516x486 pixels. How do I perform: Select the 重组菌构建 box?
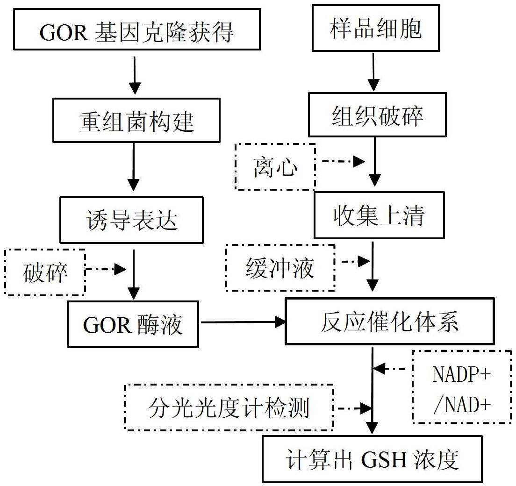(x=136, y=120)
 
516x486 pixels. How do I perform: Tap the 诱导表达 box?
(x=131, y=220)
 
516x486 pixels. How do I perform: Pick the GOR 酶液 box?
(x=133, y=324)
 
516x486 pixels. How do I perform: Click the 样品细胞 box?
(x=375, y=28)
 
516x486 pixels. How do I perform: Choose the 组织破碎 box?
(x=377, y=114)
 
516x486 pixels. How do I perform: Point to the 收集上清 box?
(x=379, y=215)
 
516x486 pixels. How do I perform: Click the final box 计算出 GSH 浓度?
(x=372, y=459)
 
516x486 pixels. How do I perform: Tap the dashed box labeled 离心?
(x=275, y=166)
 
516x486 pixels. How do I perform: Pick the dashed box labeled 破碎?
(x=45, y=272)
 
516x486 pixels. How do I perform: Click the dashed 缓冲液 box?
(x=280, y=268)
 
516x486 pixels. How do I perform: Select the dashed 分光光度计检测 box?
(x=229, y=407)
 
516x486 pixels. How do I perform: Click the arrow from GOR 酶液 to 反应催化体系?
(x=242, y=322)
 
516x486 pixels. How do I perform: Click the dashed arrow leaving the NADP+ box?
(x=393, y=369)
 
